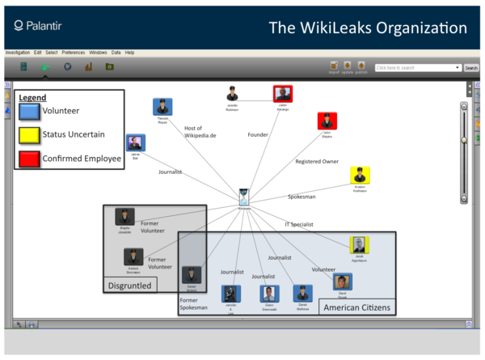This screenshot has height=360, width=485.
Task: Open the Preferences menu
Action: (74, 52)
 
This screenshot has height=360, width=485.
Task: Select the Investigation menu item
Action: (17, 52)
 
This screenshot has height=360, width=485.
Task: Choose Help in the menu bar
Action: (129, 52)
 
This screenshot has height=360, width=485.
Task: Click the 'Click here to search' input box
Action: (417, 68)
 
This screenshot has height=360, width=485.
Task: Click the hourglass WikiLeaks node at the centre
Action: (243, 197)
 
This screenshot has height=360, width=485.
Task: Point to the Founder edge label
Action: (258, 134)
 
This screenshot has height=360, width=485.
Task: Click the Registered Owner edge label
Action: (317, 161)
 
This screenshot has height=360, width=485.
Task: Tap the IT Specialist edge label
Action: (298, 224)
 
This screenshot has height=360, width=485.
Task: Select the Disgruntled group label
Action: (129, 285)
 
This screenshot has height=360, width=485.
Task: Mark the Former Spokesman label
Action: (194, 304)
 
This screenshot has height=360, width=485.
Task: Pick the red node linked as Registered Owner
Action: (327, 121)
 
